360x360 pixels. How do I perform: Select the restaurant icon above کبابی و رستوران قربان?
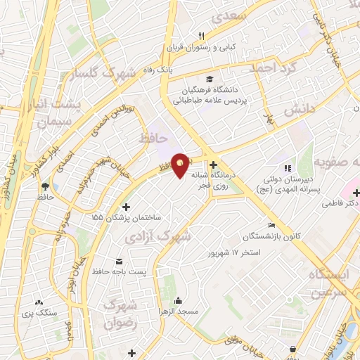pyautogui.click(x=201, y=36)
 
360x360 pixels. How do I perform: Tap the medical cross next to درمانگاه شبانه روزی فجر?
pyautogui.click(x=213, y=165)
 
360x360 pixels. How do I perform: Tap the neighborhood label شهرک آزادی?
pyautogui.click(x=157, y=238)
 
